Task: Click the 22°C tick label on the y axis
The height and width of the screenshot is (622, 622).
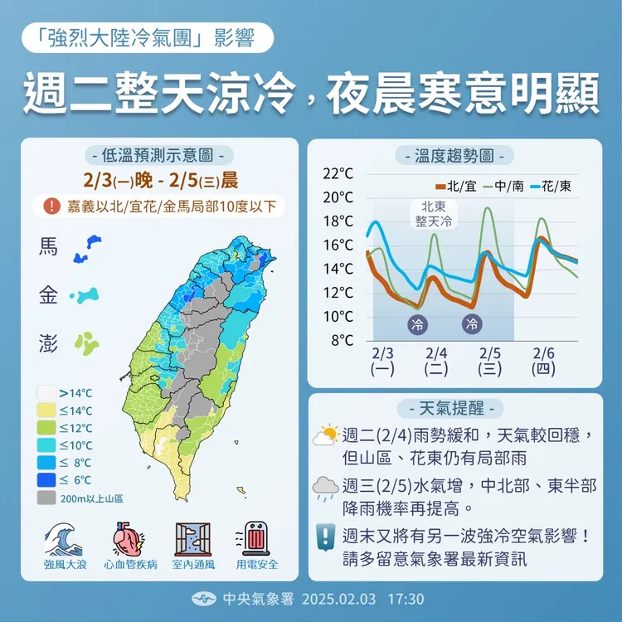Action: (338, 173)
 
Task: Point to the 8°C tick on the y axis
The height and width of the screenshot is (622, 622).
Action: (342, 340)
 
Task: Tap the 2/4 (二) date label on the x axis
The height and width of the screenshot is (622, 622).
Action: (435, 361)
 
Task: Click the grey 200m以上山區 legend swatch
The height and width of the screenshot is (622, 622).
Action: (46, 498)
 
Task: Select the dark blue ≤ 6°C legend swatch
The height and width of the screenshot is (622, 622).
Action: (46, 480)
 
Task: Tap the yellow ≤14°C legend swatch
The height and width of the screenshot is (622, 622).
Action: (46, 411)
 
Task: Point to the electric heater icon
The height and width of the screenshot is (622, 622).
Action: (256, 539)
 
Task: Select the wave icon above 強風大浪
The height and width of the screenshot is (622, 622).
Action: (66, 539)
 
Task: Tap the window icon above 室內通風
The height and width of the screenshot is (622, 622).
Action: (193, 539)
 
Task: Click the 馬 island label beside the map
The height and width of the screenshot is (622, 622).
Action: (49, 247)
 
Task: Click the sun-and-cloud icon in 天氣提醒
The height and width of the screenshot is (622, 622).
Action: (326, 435)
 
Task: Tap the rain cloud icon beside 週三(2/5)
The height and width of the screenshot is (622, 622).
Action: (326, 488)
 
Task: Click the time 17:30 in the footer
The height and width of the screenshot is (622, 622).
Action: (406, 599)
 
